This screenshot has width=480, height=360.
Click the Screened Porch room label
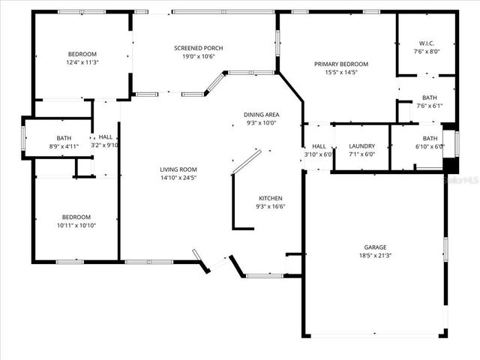coord(199,48)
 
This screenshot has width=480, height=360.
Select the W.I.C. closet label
coord(427,43)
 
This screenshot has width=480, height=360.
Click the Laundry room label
coord(361,146)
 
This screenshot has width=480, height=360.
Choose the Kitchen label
coord(271,197)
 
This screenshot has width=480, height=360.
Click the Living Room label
coord(178,169)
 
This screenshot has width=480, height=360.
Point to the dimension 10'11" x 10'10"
coord(76,225)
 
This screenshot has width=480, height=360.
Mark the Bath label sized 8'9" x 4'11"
coord(64,138)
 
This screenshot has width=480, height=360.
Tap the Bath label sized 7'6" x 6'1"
coord(430,97)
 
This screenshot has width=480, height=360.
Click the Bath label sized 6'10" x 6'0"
coord(430,138)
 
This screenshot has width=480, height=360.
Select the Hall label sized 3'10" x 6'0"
coord(319,146)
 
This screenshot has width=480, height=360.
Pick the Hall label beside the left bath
coord(105,137)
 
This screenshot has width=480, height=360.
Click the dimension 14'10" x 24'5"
coord(178,178)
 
